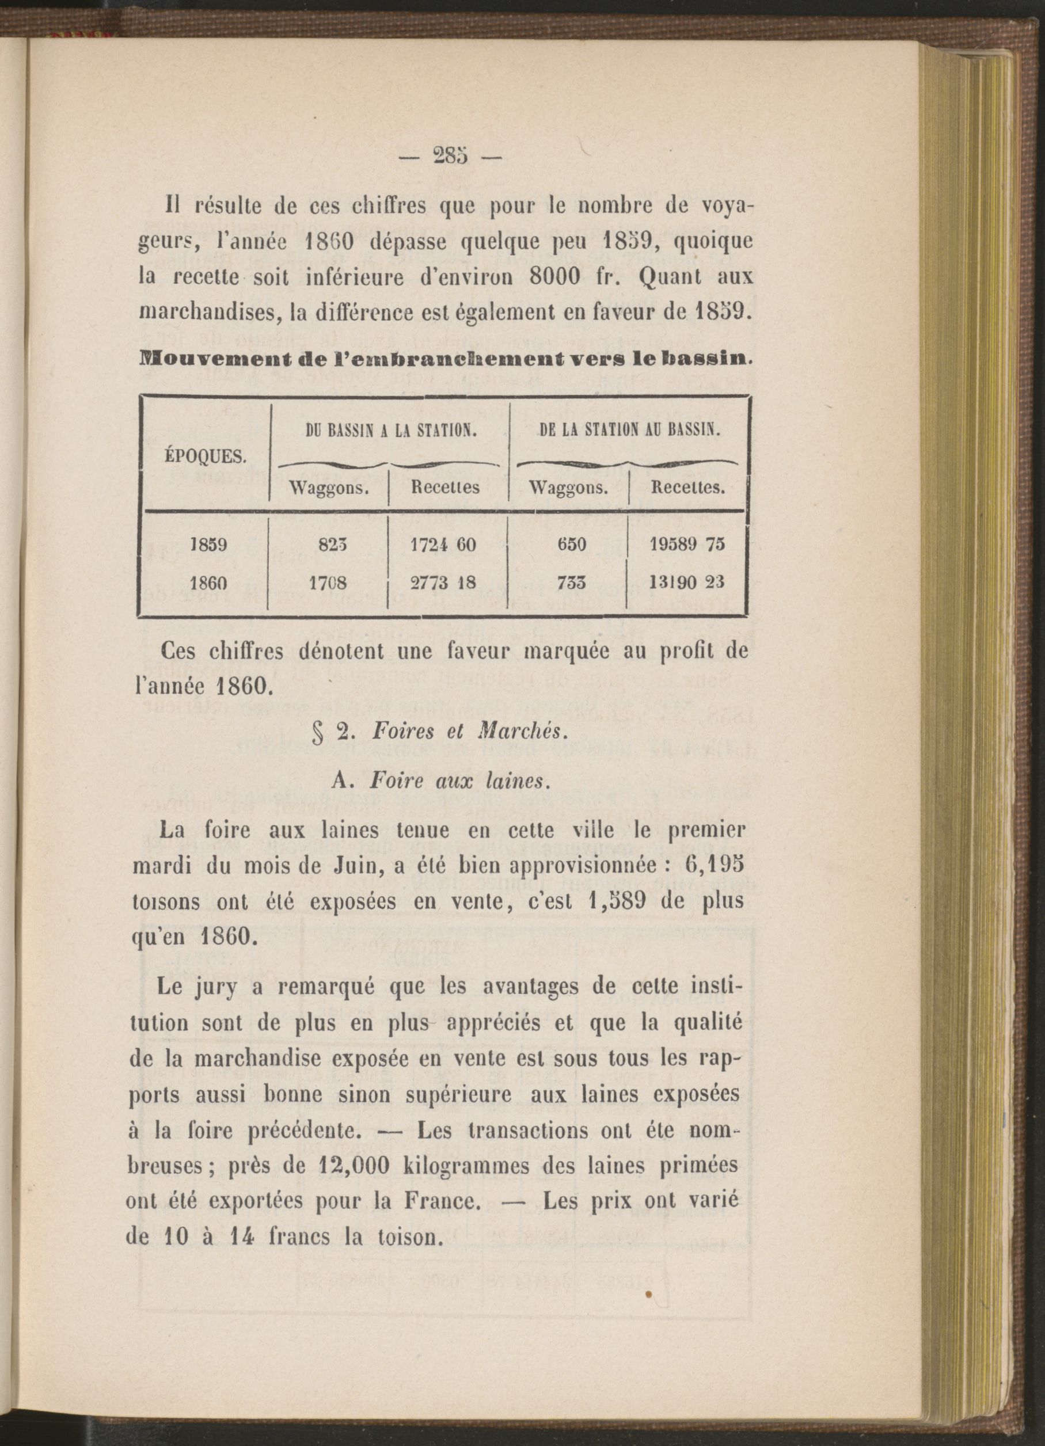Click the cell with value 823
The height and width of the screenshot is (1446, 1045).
(x=330, y=546)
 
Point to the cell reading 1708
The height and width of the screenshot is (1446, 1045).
(x=330, y=583)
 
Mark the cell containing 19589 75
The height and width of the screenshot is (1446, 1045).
(x=687, y=546)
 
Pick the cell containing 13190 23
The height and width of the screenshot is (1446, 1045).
(x=687, y=583)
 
